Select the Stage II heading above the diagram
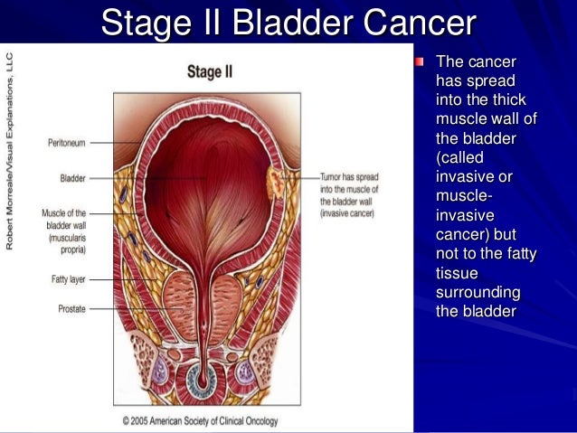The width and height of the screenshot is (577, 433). (209, 71)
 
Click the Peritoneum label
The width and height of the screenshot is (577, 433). (66, 143)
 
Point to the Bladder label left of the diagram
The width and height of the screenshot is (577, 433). (72, 179)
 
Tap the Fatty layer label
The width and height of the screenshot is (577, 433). (68, 279)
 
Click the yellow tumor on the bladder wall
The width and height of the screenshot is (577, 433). (274, 184)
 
